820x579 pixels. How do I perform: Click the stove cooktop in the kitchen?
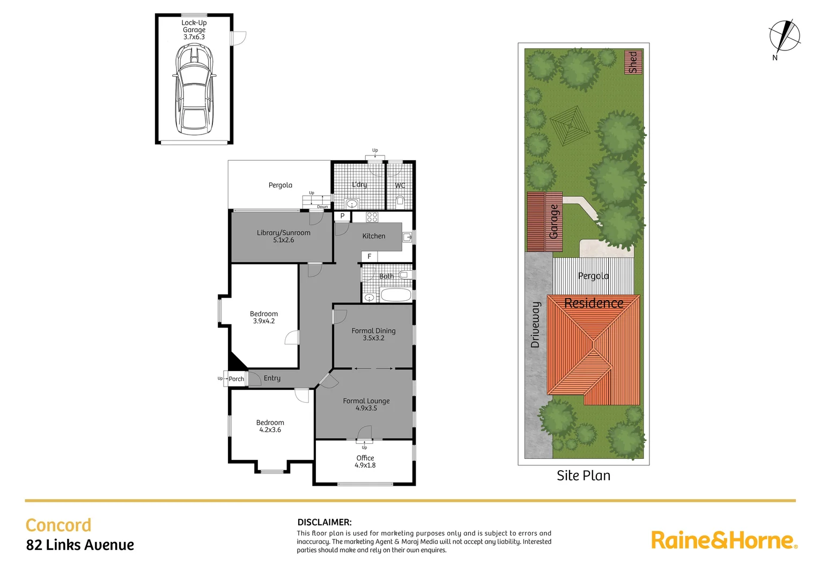click(x=372, y=217)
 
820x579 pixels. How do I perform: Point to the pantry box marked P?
click(x=342, y=216)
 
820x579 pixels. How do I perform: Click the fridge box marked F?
click(x=370, y=257)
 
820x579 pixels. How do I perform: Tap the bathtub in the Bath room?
click(x=395, y=295)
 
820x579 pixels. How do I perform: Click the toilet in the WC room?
click(x=400, y=201)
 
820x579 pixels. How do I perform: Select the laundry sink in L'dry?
click(x=352, y=203)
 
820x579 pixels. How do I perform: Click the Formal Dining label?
click(x=373, y=331)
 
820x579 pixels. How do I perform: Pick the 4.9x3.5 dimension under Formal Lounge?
click(x=366, y=408)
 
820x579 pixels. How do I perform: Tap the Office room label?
click(x=365, y=458)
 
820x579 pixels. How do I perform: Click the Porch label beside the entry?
click(x=236, y=379)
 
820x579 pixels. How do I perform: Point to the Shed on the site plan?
click(x=633, y=62)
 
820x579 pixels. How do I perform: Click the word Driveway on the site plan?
click(x=535, y=325)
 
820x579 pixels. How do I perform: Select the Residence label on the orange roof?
click(x=594, y=303)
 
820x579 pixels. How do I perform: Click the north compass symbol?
click(x=784, y=37)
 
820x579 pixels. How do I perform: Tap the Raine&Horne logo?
click(x=724, y=540)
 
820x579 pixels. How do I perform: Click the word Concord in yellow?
click(x=58, y=525)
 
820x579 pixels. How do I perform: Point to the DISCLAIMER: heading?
click(x=324, y=522)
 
